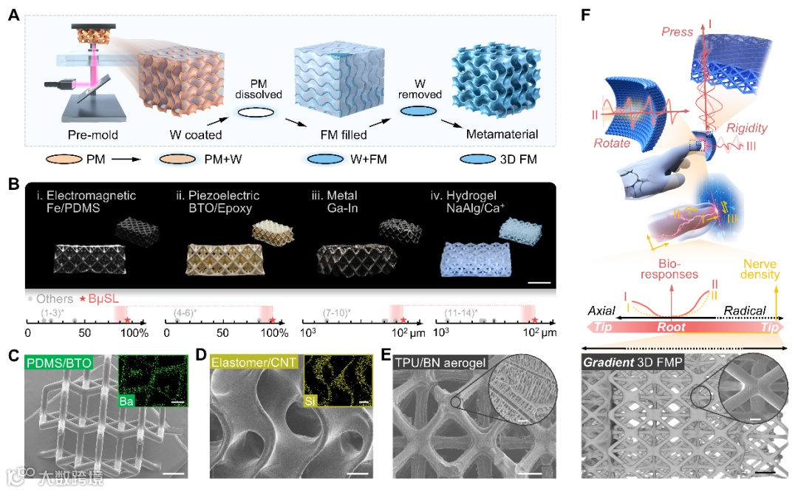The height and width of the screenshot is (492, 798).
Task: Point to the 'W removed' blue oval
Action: pos(419,110)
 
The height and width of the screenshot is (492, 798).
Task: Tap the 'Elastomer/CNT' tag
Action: pos(247,363)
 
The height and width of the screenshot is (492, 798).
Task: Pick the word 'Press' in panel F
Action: pos(678,32)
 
